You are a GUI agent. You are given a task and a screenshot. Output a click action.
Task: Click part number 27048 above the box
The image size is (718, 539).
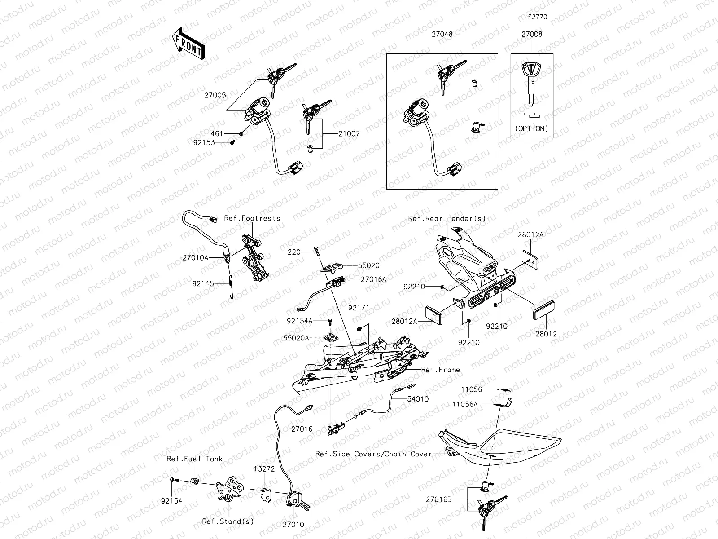(442, 34)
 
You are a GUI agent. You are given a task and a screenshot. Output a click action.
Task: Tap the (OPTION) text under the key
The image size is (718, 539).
(532, 128)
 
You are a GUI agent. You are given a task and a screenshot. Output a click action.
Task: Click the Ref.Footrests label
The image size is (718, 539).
(252, 218)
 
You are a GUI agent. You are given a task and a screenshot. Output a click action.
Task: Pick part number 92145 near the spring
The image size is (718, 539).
(202, 283)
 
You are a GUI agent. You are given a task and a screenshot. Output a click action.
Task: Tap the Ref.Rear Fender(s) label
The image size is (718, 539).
(447, 218)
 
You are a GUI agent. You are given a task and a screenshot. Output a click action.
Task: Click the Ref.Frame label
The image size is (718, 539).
(440, 370)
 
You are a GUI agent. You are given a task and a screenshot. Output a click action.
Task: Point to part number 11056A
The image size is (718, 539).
(465, 404)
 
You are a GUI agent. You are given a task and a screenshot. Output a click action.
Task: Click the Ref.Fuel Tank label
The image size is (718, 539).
(194, 459)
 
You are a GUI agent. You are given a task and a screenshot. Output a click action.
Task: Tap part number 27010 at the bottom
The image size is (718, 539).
(293, 525)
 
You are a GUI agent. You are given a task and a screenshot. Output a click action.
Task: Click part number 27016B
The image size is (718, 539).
(438, 499)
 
